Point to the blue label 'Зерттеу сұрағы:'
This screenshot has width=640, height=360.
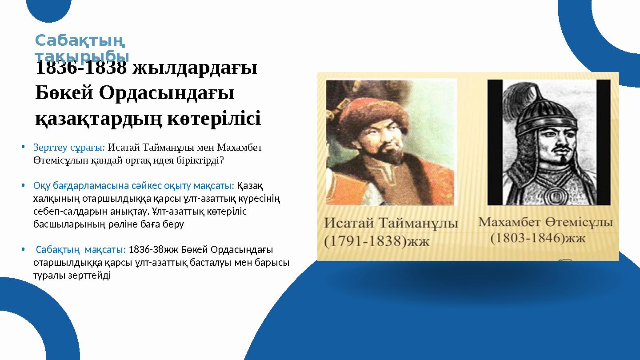69,147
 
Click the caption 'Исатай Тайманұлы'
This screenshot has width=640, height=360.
391,223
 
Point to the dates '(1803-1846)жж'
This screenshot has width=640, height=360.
538,238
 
